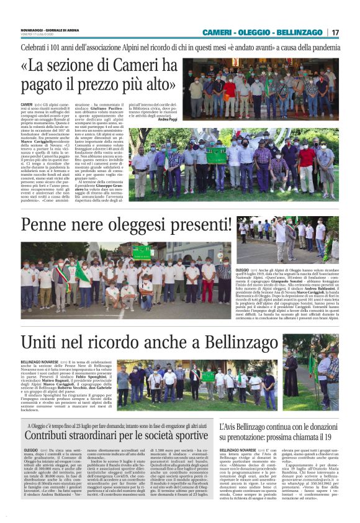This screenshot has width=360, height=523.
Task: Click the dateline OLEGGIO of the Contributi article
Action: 30,449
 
